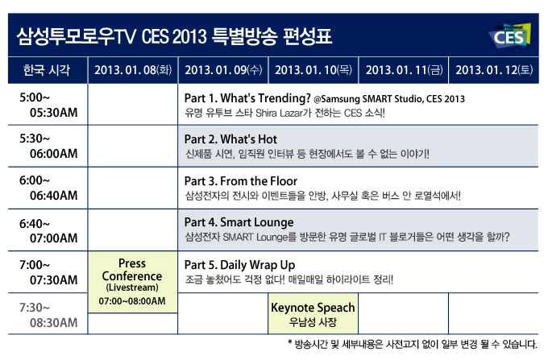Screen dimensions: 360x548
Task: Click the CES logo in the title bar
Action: pos(510,35)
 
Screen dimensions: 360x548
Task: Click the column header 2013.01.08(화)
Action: pos(133,70)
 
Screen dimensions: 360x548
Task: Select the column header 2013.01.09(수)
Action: pos(223,70)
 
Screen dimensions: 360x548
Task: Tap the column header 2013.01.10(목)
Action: pos(313,70)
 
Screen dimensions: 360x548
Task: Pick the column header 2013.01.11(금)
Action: pos(404,70)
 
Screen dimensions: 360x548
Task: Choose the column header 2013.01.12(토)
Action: pos(494,70)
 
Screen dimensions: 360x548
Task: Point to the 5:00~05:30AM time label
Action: pos(47,104)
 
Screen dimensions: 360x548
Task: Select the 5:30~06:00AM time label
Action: pos(47,146)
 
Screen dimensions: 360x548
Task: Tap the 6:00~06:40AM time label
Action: pos(47,188)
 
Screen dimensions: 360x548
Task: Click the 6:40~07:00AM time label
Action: pos(47,230)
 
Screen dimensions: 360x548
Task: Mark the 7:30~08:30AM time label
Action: pos(47,314)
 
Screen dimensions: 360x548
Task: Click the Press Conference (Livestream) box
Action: pos(132,283)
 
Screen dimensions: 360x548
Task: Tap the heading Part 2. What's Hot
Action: pos(230,139)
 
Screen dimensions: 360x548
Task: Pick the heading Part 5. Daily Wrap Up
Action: pos(239,264)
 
